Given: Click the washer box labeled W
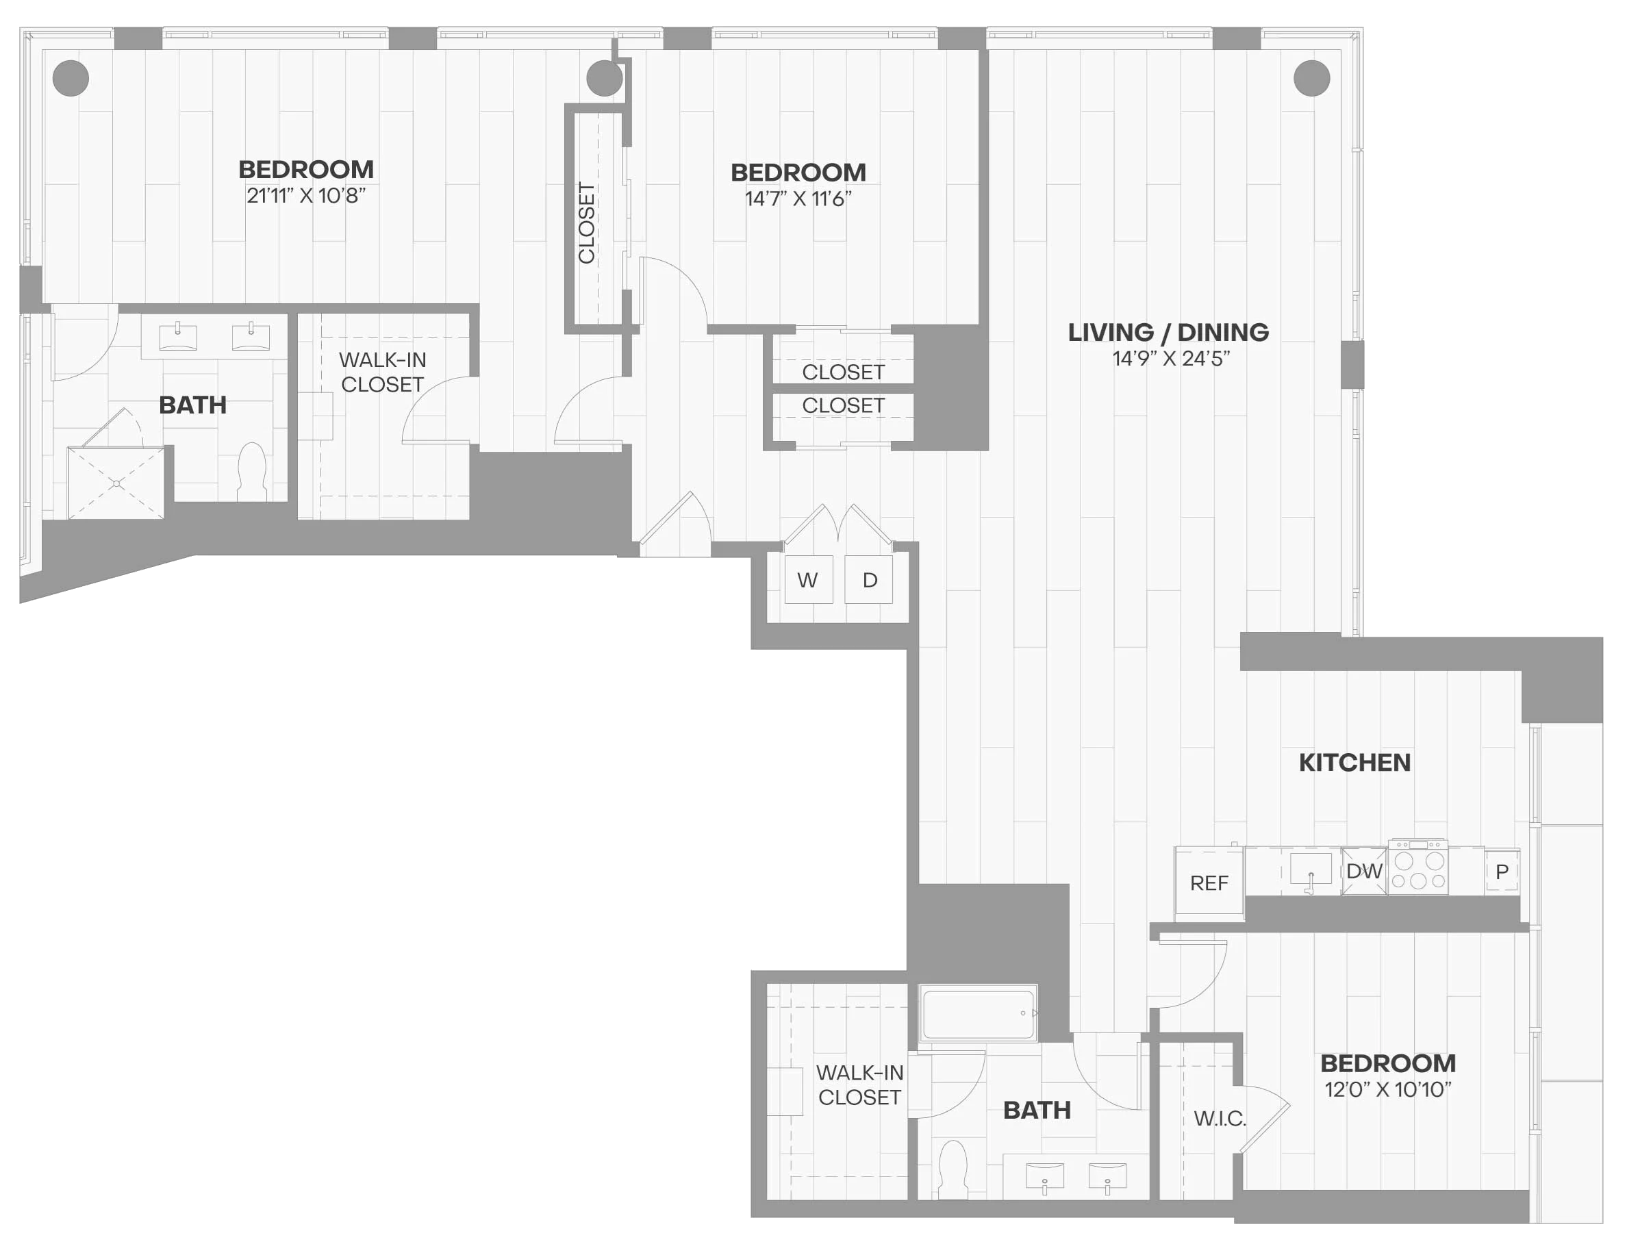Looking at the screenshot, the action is pos(808,579).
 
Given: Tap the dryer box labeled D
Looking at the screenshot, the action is pos(869,579).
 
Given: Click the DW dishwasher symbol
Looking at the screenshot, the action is pos(1364,870).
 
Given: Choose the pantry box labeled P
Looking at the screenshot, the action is pos(1502,872).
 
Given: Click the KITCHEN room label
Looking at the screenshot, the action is pos(1354,763).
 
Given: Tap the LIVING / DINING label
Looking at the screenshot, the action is pos(1168,332).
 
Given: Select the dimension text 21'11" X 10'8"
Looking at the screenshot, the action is pos(306,196).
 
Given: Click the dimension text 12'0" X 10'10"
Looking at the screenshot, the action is pos(1388,1089).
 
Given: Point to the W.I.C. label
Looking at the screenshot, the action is pos(1220,1119).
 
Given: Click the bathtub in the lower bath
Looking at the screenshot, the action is pos(978,1013).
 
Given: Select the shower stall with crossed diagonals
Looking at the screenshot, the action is pos(116,483).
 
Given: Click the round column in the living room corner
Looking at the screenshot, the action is pos(1311,78).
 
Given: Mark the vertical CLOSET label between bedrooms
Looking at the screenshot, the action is pos(586,223).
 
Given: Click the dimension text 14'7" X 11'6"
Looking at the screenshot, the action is pos(798,199).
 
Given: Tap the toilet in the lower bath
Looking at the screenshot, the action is pos(952,1170).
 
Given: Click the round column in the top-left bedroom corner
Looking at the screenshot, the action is pos(71,78).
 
